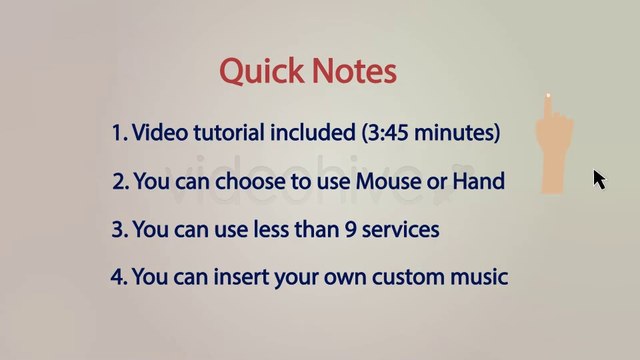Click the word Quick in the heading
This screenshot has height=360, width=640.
click(262, 71)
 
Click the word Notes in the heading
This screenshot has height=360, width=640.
click(355, 71)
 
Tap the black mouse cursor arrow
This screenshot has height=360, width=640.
click(600, 180)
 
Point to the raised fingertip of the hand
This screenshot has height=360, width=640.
click(548, 96)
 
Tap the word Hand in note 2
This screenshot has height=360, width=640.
click(479, 181)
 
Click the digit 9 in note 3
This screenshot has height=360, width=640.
click(351, 229)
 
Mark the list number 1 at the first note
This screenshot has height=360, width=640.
click(120, 133)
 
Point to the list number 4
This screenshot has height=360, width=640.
click(119, 277)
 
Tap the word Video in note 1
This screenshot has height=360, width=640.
click(160, 133)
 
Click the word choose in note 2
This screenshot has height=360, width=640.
click(250, 181)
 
